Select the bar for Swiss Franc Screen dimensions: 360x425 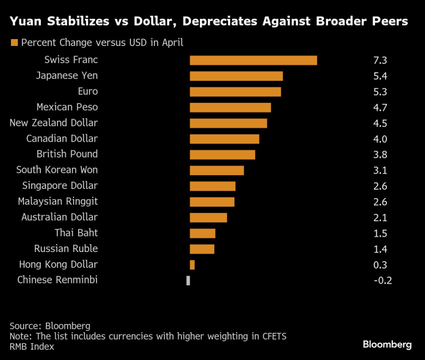(253, 60)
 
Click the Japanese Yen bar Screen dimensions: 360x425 (236, 76)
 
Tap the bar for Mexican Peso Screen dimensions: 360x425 (230, 107)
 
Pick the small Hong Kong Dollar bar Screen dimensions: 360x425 (192, 265)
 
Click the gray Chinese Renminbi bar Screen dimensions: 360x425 (188, 280)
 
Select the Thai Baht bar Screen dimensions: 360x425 (202, 233)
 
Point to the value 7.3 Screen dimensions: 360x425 (380, 60)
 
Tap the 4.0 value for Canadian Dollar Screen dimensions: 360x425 (380, 139)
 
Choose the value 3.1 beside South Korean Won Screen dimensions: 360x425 (380, 170)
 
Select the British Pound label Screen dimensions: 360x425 (67, 154)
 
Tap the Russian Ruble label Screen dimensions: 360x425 (66, 249)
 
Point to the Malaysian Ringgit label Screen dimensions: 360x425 (57, 202)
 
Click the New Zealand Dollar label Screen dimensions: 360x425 (54, 123)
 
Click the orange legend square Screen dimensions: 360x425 (14, 42)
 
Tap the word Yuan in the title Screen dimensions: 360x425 (26, 22)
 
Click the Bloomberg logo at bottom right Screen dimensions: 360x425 (387, 344)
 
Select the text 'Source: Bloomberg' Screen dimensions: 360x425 (50, 326)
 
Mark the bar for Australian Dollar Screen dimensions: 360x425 (208, 218)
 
